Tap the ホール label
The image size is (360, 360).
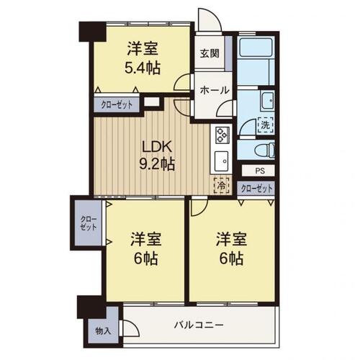pyautogui.click(x=214, y=91)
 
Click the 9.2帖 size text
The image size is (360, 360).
pyautogui.click(x=157, y=164)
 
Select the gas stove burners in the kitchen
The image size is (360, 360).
pyautogui.click(x=221, y=134)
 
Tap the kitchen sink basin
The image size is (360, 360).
pyautogui.click(x=221, y=159)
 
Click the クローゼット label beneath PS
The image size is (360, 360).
pyautogui.click(x=257, y=189)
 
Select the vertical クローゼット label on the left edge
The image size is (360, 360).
pyautogui.click(x=86, y=222)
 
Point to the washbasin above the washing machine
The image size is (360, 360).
pyautogui.click(x=266, y=100)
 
